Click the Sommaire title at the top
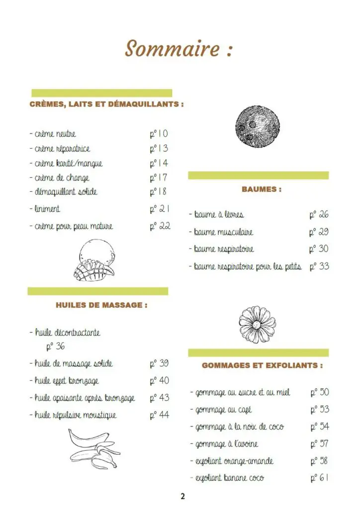click(179, 49)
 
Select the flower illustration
click(257, 324)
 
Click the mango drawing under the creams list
click(94, 259)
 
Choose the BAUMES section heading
click(262, 189)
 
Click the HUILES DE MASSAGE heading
click(101, 305)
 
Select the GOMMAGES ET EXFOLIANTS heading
click(262, 365)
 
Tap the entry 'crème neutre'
click(53, 134)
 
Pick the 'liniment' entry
click(46, 209)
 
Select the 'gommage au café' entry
click(221, 410)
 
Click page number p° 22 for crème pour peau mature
click(160, 226)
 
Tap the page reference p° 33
click(319, 266)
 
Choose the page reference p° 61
click(319, 478)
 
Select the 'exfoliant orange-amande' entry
click(232, 461)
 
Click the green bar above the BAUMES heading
click(258, 175)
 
